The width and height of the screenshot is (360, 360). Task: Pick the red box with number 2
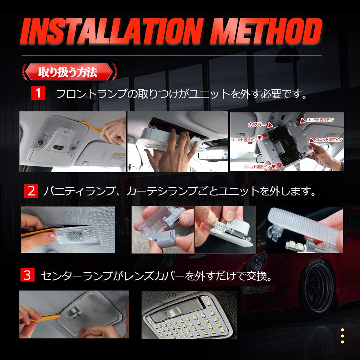[31, 190]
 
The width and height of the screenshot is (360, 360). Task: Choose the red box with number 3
[27, 275]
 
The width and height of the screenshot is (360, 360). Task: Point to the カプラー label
[257, 125]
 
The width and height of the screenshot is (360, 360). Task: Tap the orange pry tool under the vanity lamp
[36, 234]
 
